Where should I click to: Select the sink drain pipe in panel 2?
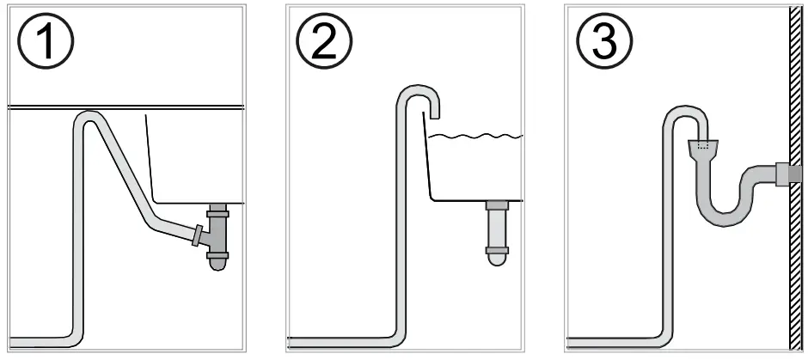[x=498, y=227]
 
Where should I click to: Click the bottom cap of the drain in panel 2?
[x=498, y=254]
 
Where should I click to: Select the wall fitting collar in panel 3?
[x=784, y=174]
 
